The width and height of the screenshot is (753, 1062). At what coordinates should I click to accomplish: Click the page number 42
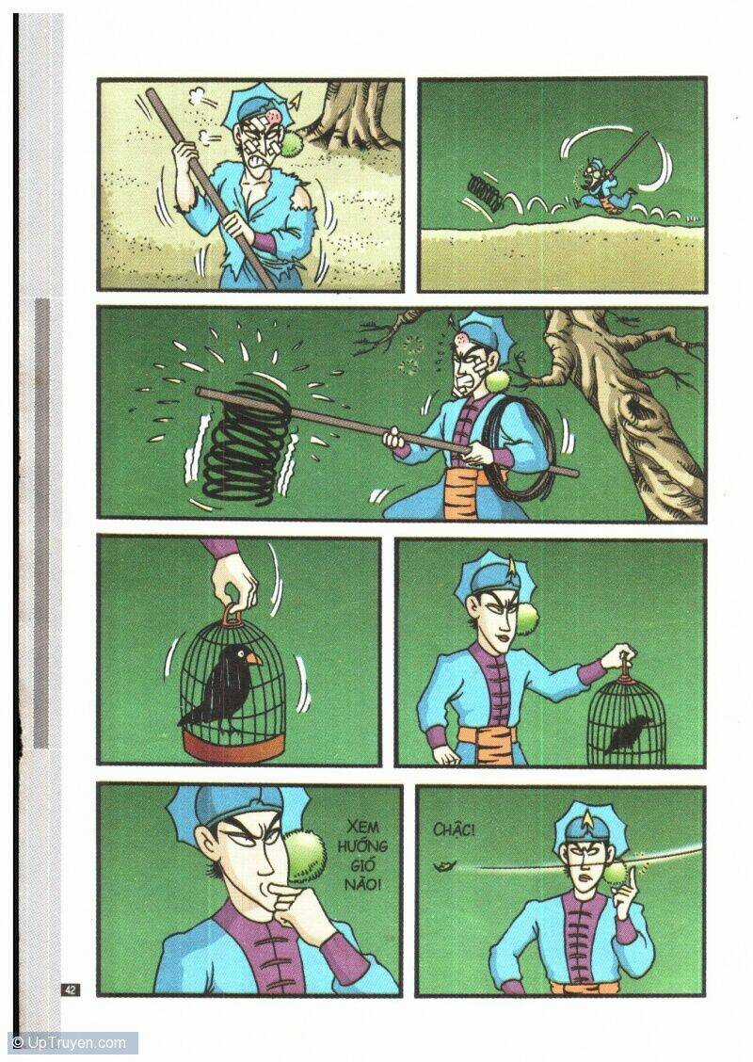pyautogui.click(x=71, y=989)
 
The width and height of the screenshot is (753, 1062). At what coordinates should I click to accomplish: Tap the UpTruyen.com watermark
pyautogui.click(x=70, y=1043)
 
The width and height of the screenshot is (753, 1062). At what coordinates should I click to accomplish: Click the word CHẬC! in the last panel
pyautogui.click(x=454, y=829)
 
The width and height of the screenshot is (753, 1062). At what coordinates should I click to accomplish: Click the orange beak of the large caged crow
pyautogui.click(x=252, y=658)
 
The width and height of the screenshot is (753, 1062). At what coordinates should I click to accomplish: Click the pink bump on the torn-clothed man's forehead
pyautogui.click(x=274, y=117)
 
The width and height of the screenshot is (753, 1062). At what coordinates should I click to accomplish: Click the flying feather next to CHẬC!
pyautogui.click(x=444, y=866)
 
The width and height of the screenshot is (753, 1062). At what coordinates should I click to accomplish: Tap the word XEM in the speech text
pyautogui.click(x=363, y=828)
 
